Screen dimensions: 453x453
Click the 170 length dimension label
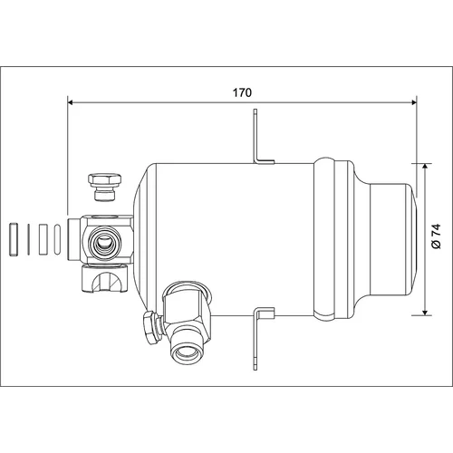[x=242, y=92]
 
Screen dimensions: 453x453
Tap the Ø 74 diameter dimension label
[x=437, y=236]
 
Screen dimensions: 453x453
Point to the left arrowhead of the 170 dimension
[x=71, y=102]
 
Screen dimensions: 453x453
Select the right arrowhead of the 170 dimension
[x=413, y=102]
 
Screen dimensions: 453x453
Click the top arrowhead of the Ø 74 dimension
[x=425, y=167]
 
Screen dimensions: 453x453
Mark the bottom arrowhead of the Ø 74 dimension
[x=425, y=312]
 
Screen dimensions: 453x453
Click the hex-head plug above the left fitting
[x=105, y=187]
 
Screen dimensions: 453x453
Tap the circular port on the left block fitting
[x=103, y=242]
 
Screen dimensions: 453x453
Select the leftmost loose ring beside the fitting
[x=14, y=239]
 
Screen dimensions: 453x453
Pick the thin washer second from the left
[x=29, y=239]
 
